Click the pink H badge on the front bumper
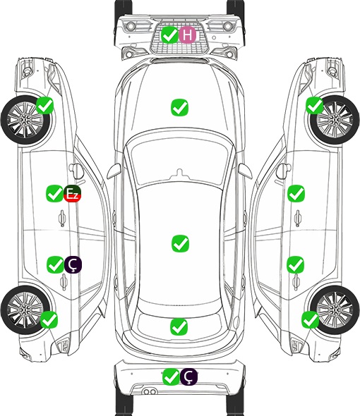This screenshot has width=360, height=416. pos(187,35)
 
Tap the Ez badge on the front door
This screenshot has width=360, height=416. pos(72,194)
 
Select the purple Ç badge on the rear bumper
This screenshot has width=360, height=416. pos(188,377)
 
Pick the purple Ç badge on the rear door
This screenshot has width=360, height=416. pos(73,264)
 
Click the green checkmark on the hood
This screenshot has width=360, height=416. pos(180,107)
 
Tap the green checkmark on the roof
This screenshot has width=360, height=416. pos(181,243)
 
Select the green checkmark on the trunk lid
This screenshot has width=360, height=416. pos(179,326)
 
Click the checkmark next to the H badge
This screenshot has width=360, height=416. pos(169,35)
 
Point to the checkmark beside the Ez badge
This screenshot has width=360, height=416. pos(55,194)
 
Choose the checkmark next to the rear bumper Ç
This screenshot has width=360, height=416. pos(171,377)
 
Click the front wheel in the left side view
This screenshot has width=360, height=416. pos(25,121)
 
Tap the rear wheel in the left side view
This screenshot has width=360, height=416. pos(25,310)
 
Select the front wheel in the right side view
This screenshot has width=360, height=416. pos(335,120)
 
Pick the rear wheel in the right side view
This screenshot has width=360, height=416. pos(335,310)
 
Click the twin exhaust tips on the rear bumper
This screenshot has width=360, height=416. pos(150,392)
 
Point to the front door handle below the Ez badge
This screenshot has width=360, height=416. pos(62,218)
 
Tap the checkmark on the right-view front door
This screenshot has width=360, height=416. pos(296,194)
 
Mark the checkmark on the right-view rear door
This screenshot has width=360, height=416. pos(296,264)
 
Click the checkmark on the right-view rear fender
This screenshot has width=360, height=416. pos(311,319)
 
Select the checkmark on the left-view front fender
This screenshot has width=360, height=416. pos(45,106)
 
